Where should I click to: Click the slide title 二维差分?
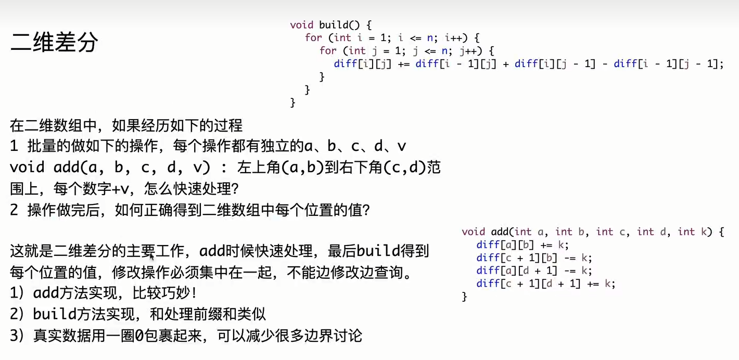click(54, 43)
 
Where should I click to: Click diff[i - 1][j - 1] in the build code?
click(668, 63)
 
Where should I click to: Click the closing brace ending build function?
click(293, 102)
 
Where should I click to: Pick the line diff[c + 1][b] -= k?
click(534, 258)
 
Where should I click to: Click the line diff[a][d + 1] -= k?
click(534, 271)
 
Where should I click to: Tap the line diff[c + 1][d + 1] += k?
click(545, 284)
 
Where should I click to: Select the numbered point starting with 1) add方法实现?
click(104, 293)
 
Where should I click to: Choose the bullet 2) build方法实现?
click(138, 314)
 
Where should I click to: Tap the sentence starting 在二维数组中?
click(126, 125)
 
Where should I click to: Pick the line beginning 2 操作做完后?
click(189, 210)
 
